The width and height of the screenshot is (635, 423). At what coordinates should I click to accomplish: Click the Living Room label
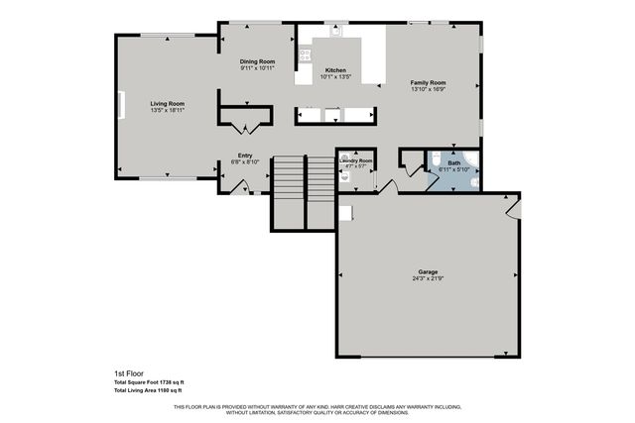[167, 103]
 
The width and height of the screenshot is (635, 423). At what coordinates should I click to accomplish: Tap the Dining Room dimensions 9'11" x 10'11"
[257, 68]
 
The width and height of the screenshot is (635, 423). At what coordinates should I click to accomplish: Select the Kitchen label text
[335, 69]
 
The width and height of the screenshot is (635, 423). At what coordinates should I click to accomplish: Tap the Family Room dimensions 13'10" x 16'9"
[429, 88]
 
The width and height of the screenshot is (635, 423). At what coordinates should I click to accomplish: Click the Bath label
[453, 163]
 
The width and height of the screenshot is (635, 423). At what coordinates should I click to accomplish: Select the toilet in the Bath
[472, 159]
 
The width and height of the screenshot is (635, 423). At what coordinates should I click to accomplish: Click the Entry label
[244, 155]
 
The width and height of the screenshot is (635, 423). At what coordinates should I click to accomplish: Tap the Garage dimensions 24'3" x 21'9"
[428, 277]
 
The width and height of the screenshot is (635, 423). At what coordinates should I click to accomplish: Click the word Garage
[428, 271]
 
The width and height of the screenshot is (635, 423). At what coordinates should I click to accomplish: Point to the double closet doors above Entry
[244, 128]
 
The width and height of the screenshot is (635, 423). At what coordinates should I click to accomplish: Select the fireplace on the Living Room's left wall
[121, 105]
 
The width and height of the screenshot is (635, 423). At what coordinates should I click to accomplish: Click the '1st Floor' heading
[127, 373]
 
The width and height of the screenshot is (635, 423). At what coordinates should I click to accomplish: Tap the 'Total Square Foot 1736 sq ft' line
[148, 382]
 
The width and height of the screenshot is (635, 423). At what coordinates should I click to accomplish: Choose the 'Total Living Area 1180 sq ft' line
[148, 391]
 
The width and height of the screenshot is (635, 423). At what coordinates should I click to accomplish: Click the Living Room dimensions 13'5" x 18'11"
[167, 109]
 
